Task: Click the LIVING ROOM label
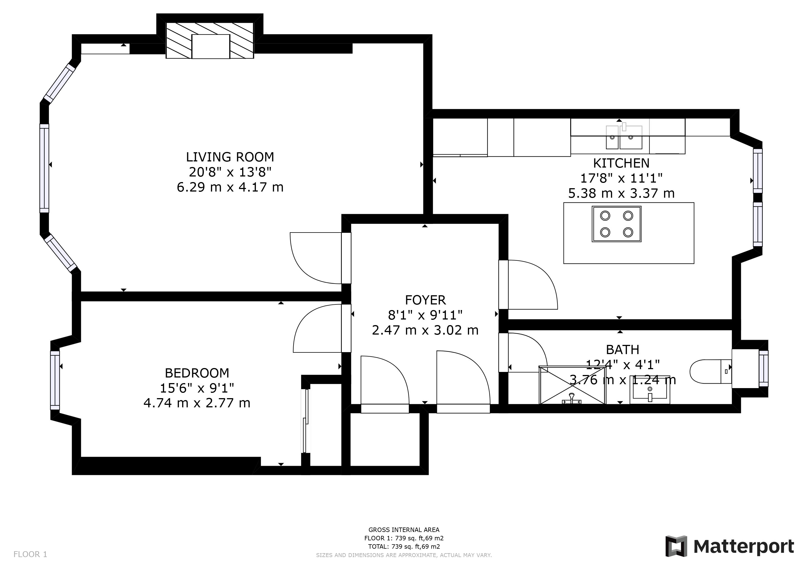click(230, 157)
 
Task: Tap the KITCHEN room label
click(621, 163)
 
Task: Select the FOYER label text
click(425, 300)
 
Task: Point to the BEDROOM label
click(197, 373)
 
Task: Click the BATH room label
click(622, 350)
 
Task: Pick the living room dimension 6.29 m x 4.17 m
click(230, 187)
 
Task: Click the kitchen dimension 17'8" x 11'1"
click(621, 178)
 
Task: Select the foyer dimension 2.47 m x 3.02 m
click(425, 330)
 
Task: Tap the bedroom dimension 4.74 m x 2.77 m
click(197, 403)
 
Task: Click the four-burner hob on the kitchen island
click(617, 224)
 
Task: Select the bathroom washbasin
click(650, 389)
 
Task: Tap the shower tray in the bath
click(572, 385)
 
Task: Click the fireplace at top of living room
click(210, 40)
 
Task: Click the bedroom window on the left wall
click(55, 380)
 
